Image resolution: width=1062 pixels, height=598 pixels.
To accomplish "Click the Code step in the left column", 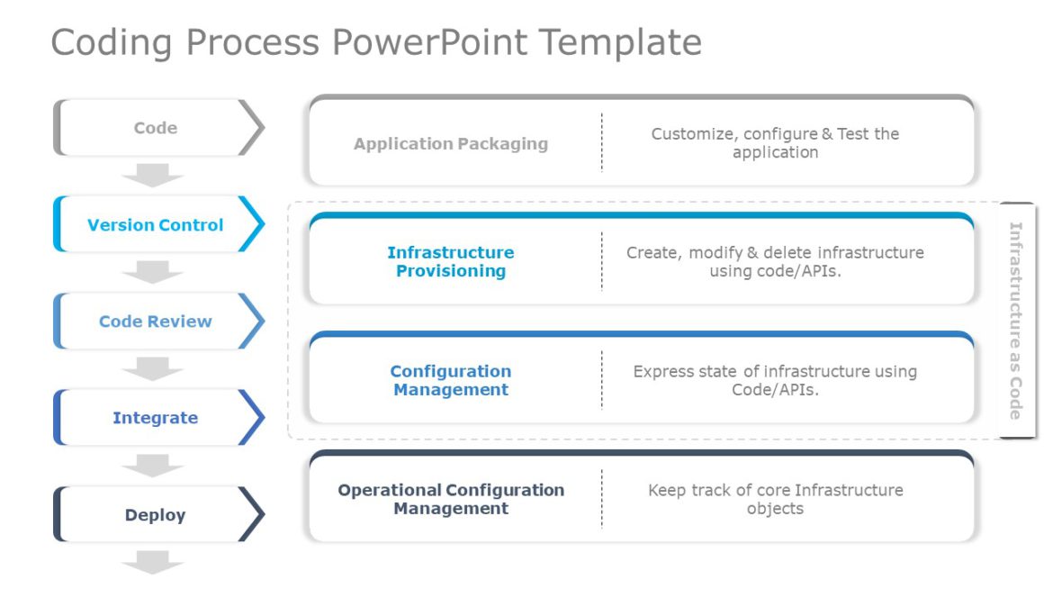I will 156,128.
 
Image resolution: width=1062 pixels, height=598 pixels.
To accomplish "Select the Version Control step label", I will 156,225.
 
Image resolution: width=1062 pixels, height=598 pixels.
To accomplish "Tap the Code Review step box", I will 156,322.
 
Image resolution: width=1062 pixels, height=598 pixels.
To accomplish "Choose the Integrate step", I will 156,418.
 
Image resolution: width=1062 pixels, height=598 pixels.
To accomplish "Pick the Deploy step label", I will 156,515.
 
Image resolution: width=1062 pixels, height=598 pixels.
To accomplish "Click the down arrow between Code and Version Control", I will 152,175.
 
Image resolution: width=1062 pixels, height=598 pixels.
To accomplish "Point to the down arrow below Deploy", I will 152,563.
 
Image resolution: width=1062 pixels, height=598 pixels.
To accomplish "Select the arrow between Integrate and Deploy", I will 152,466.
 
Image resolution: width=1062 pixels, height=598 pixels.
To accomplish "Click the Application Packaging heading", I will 451,143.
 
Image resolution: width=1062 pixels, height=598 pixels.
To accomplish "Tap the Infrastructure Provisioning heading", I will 451,262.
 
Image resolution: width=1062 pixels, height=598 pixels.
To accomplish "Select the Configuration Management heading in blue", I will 451,381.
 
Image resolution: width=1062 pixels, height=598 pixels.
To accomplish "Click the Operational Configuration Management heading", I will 451,500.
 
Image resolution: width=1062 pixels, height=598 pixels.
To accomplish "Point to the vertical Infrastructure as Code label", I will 1015,321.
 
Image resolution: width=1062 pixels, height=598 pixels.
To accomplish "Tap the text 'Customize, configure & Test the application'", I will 775,143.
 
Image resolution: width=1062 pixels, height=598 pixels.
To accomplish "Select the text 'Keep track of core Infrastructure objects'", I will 775,500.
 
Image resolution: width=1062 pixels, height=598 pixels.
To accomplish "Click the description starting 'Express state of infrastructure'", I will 775,381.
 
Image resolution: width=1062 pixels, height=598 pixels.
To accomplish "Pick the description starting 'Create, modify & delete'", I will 775,262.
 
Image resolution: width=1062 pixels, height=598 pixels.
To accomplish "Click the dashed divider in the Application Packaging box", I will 602,142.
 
